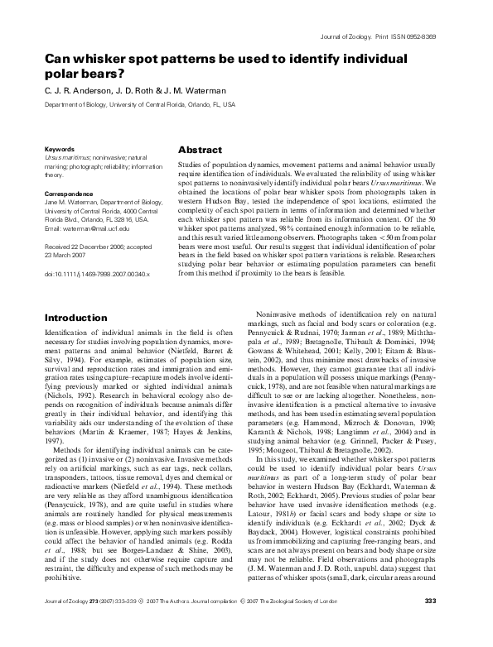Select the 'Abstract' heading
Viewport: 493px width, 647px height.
[x=201, y=151]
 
